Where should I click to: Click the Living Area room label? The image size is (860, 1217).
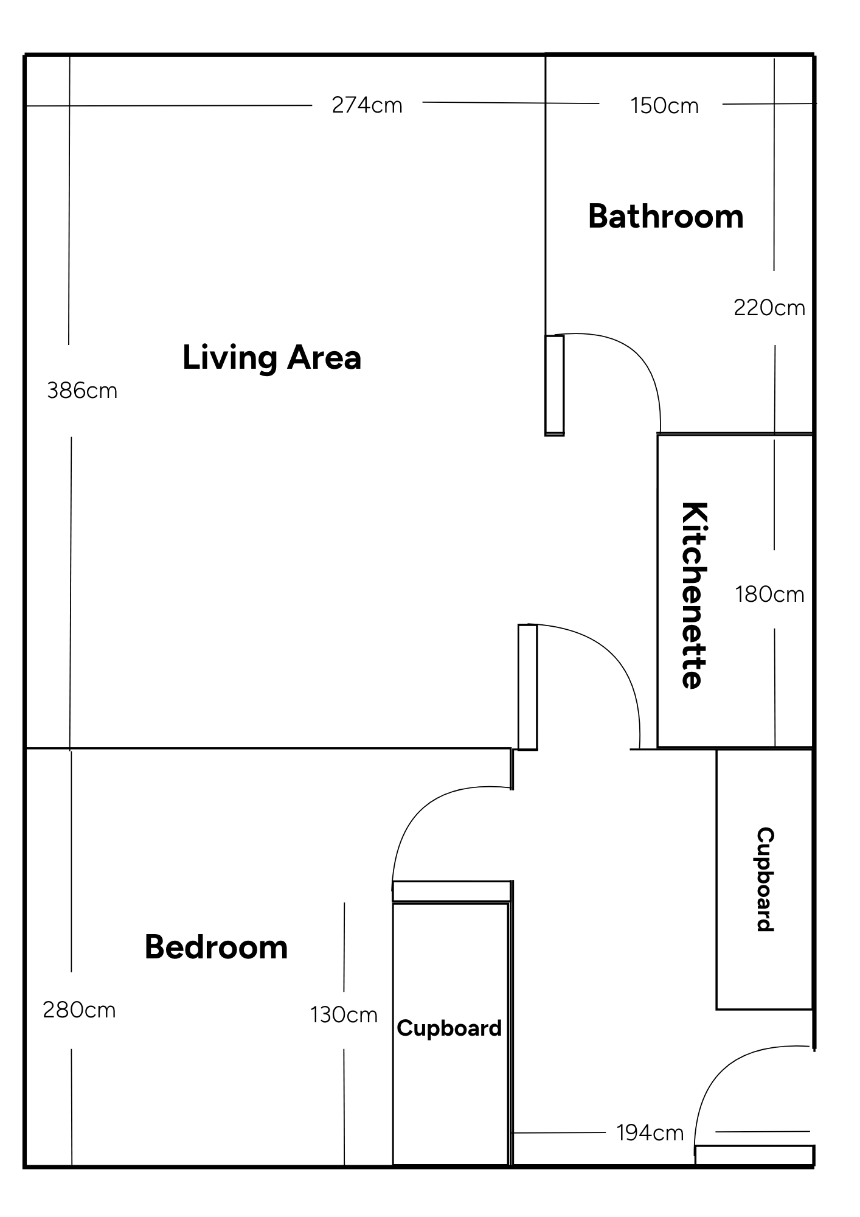coord(272,357)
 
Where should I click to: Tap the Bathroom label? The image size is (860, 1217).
coord(665,217)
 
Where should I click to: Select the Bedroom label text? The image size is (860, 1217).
coord(216,947)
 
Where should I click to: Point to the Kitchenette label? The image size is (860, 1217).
coord(693,595)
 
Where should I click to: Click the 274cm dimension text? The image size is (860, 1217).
coord(367,105)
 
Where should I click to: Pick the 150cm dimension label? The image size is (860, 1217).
coord(664,106)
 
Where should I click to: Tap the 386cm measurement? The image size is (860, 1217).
coord(82,391)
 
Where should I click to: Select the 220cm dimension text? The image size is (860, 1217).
coord(769,308)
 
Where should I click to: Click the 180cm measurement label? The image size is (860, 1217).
coord(769,594)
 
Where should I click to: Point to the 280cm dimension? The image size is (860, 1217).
coord(79,1010)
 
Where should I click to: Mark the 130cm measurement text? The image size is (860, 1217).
coord(344,1015)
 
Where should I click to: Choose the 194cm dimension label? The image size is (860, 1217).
coord(650,1133)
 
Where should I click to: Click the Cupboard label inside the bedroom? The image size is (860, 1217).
coord(449,1028)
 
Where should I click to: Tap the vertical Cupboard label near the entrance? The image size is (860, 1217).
coord(765,879)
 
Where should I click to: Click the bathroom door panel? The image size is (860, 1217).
coord(554,385)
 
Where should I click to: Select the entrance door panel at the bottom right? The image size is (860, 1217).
coord(754,1155)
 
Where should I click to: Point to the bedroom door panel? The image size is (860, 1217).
coord(451,891)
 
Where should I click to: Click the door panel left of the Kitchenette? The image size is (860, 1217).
coord(527,687)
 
